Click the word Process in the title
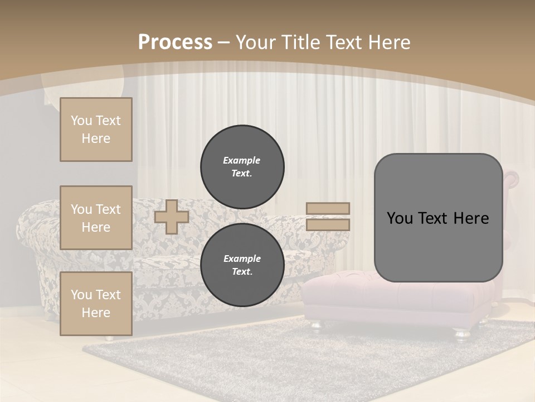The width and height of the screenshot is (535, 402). tap(175, 42)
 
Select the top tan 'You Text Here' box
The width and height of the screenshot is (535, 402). tap(96, 130)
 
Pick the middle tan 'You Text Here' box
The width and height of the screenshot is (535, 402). tap(96, 218)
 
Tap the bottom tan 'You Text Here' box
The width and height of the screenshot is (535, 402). tap(96, 304)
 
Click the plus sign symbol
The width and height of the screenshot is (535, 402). tap(171, 217)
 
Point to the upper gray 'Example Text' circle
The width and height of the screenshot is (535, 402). tap(242, 166)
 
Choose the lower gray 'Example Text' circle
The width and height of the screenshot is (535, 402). tap(242, 265)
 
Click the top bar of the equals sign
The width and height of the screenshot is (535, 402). tap(328, 208)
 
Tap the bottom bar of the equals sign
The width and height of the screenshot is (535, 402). tap(328, 224)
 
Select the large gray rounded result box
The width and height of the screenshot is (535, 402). tap(438, 218)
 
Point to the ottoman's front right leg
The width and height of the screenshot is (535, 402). tap(462, 334)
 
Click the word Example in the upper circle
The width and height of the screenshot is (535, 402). tap(241, 160)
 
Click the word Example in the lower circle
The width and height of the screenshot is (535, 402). tap(242, 259)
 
